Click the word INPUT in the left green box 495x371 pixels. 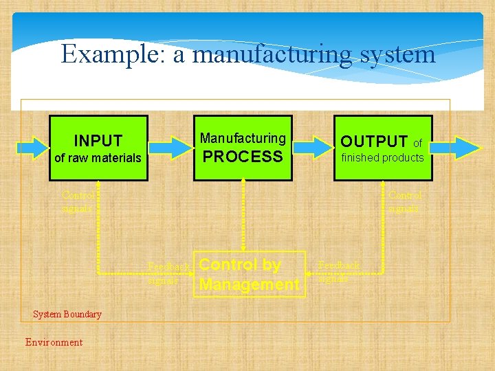click(x=98, y=141)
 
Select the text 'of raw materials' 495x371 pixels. click(x=98, y=158)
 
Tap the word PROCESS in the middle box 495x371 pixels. click(x=243, y=157)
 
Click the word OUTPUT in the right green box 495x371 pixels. click(x=374, y=142)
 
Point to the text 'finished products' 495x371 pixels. click(x=383, y=158)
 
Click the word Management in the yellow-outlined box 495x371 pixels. click(x=249, y=284)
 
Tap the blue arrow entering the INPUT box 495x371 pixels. click(x=32, y=147)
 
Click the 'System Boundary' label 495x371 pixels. click(x=67, y=315)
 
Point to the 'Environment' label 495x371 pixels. click(x=54, y=342)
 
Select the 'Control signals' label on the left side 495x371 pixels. click(x=77, y=201)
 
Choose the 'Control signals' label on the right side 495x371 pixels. click(x=404, y=201)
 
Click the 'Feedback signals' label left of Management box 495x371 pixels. click(x=168, y=273)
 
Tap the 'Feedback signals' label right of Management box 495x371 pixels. click(x=339, y=271)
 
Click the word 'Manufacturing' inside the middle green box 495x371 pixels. click(x=243, y=138)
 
